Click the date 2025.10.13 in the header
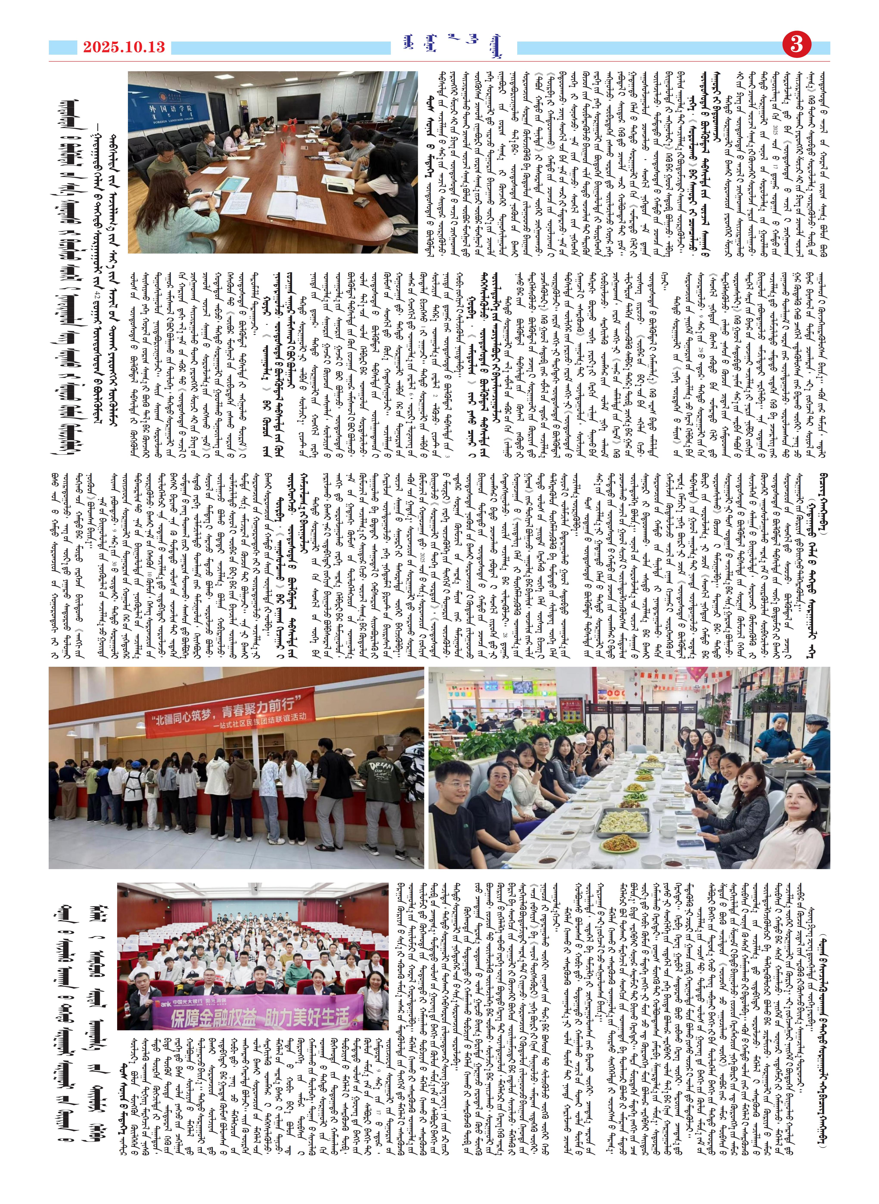123,47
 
